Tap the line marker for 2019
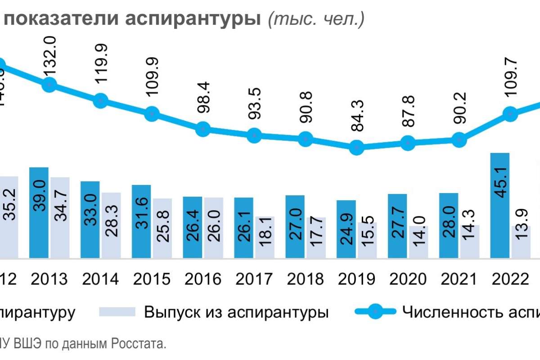(x=356, y=147)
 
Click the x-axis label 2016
(x=203, y=279)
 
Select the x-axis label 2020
(x=407, y=279)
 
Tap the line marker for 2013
(x=50, y=85)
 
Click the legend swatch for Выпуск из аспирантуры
(x=117, y=312)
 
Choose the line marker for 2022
(x=510, y=113)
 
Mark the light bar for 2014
(x=111, y=225)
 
